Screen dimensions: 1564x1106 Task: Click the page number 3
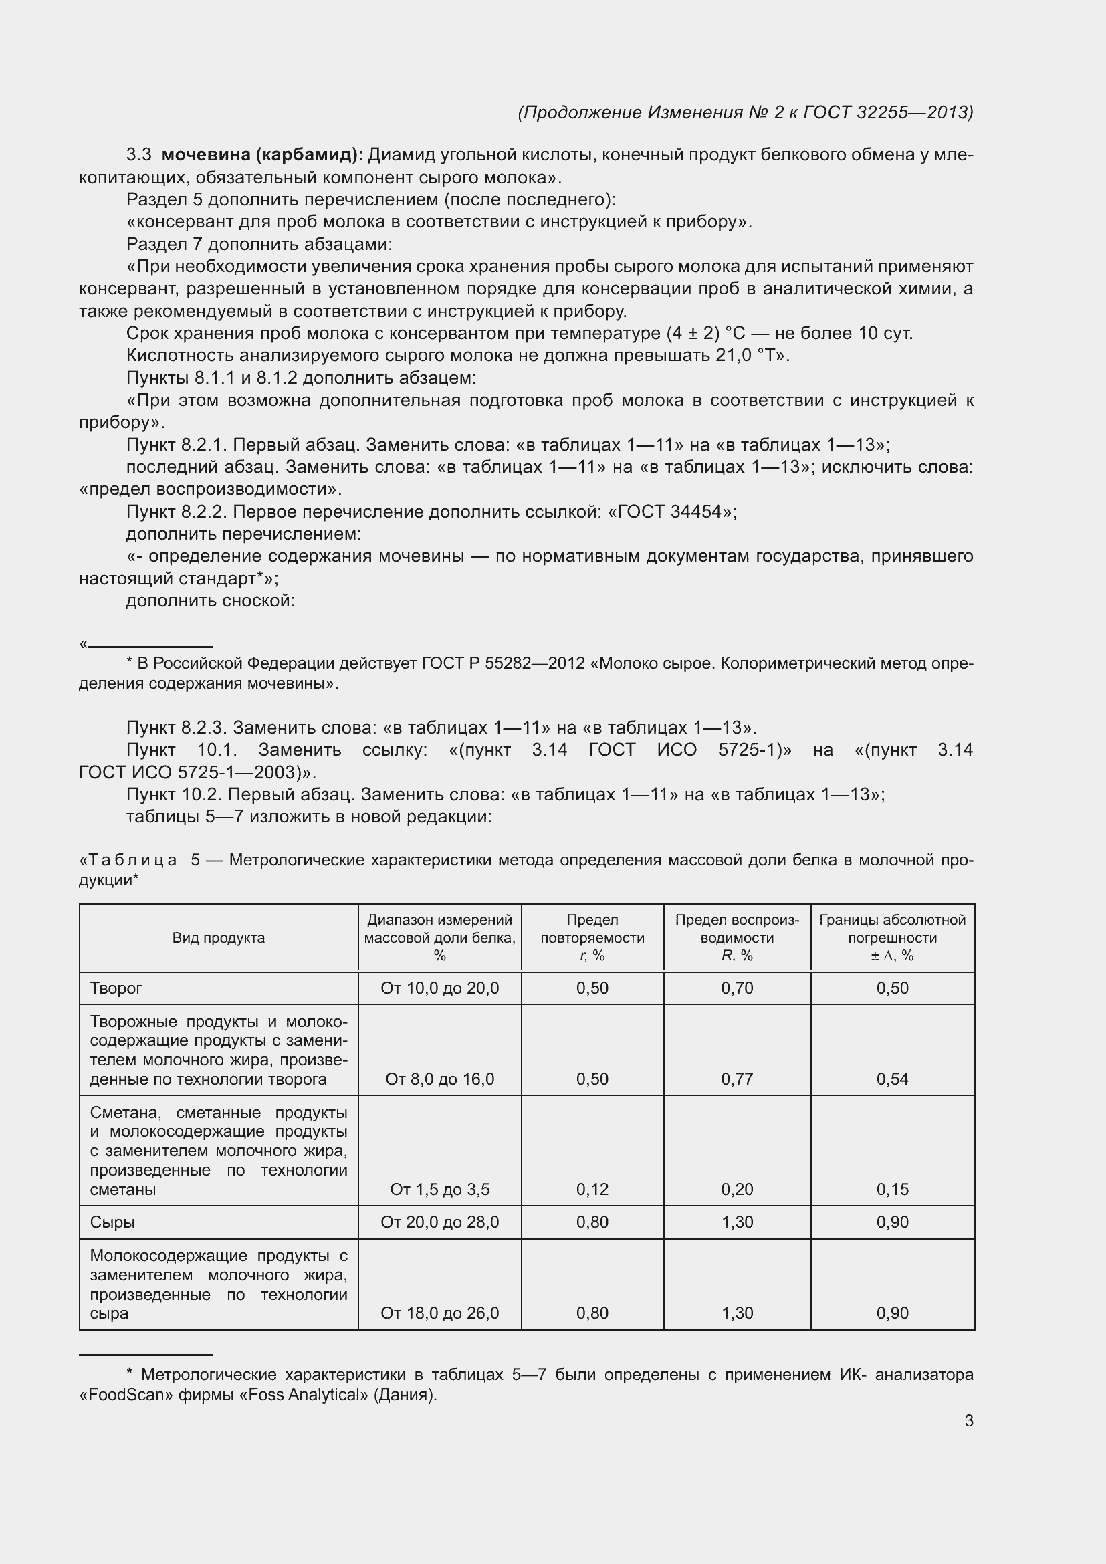(x=968, y=1421)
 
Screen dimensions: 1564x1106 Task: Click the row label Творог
(x=116, y=988)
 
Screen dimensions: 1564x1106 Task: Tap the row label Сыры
(x=112, y=1222)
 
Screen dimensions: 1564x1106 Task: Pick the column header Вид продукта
(x=218, y=937)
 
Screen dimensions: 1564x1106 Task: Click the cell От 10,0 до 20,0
(x=439, y=988)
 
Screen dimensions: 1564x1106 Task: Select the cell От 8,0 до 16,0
(x=439, y=1079)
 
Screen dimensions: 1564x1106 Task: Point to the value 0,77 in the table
(x=737, y=1079)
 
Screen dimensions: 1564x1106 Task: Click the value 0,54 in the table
(x=892, y=1079)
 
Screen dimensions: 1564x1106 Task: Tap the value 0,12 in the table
(x=592, y=1190)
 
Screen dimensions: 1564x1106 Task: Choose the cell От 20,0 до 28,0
(x=439, y=1222)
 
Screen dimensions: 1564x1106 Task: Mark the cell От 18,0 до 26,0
(x=439, y=1313)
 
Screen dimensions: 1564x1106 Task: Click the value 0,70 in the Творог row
(x=737, y=988)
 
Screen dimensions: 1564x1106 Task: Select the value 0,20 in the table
(x=737, y=1190)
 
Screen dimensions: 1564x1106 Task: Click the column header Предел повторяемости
(x=592, y=929)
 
